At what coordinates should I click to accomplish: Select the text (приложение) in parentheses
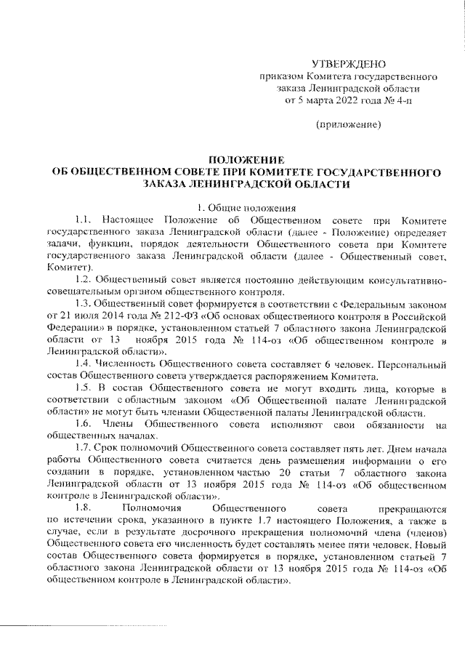pyautogui.click(x=352, y=125)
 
